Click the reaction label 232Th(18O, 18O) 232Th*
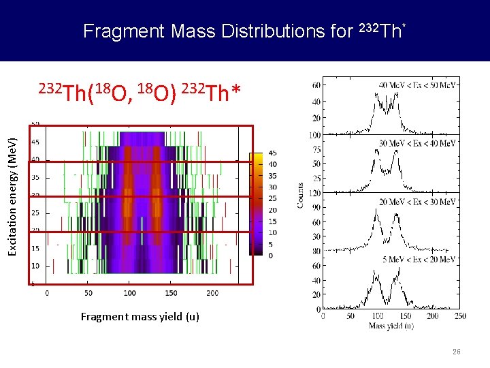(140, 91)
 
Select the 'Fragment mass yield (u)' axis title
(140, 317)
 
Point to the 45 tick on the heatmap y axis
(35, 142)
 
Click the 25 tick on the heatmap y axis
(35, 213)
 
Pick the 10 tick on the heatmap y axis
(35, 266)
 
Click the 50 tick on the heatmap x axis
(88, 293)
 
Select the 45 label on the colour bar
(272, 153)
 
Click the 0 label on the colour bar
(271, 256)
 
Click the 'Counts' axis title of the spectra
(300, 195)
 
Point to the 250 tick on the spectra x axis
(459, 316)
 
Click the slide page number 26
(457, 352)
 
